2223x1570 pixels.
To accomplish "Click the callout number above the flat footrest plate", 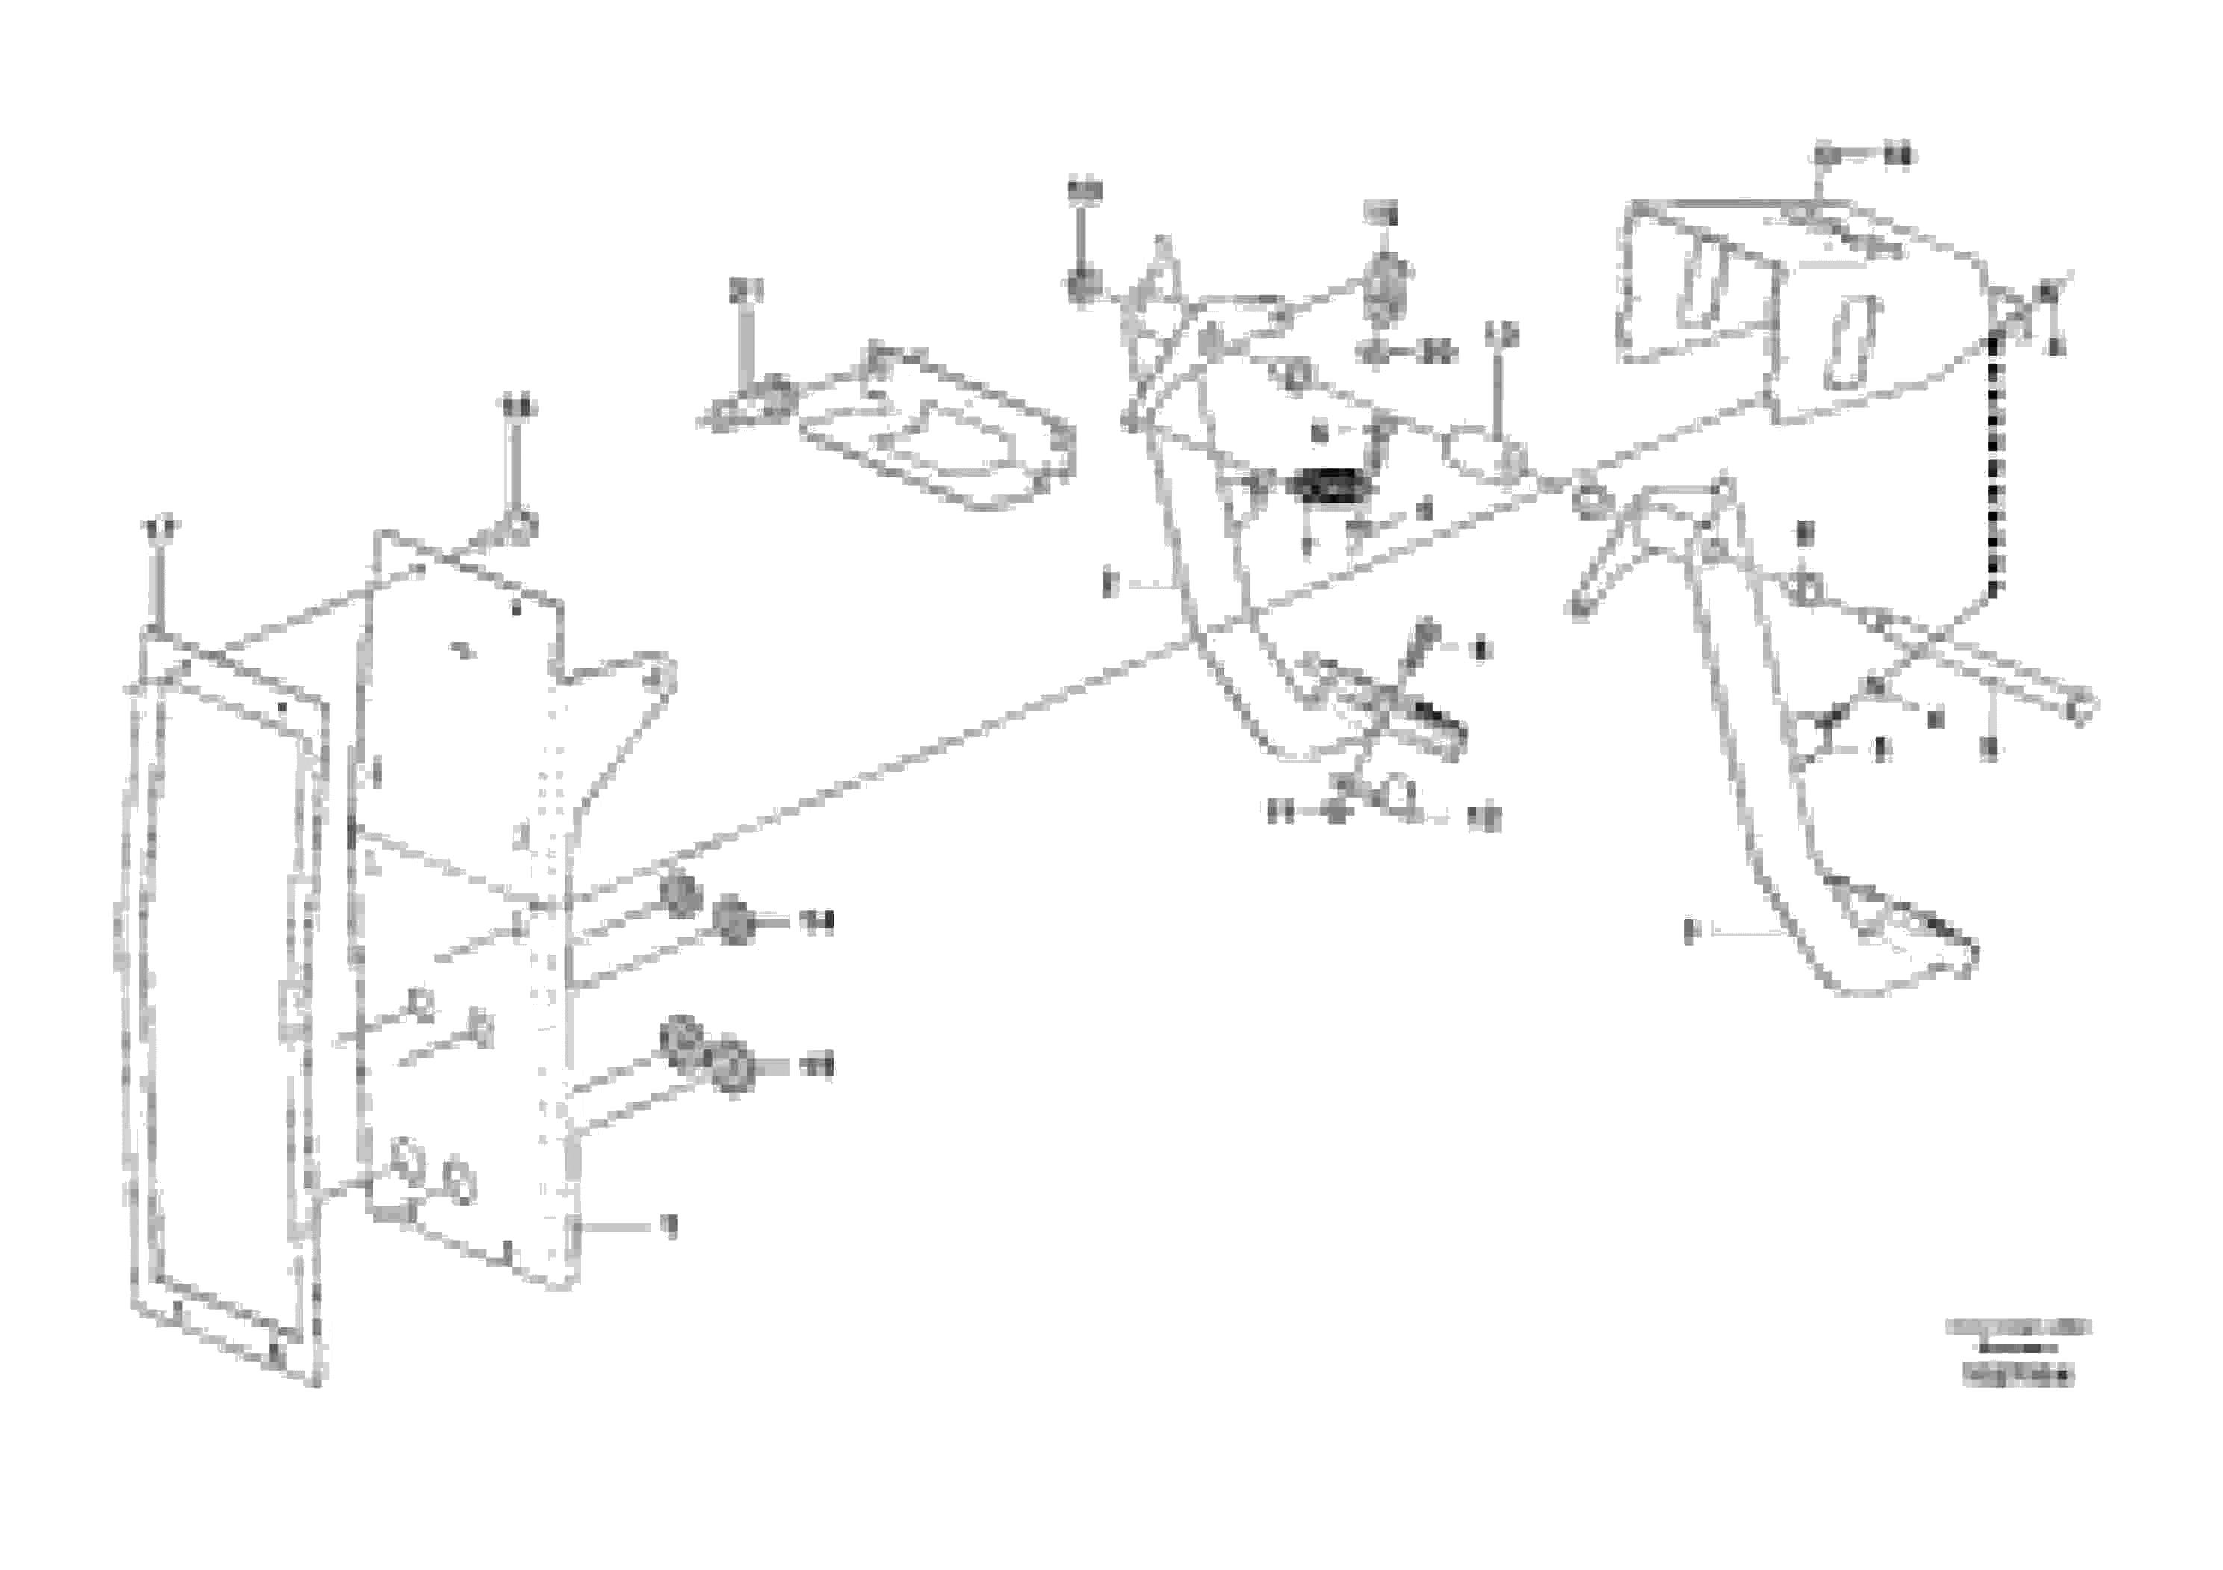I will click(x=745, y=289).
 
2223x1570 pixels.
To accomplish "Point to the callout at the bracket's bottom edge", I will click(x=667, y=1226).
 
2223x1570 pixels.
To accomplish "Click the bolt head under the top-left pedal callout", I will click(x=1082, y=287).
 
